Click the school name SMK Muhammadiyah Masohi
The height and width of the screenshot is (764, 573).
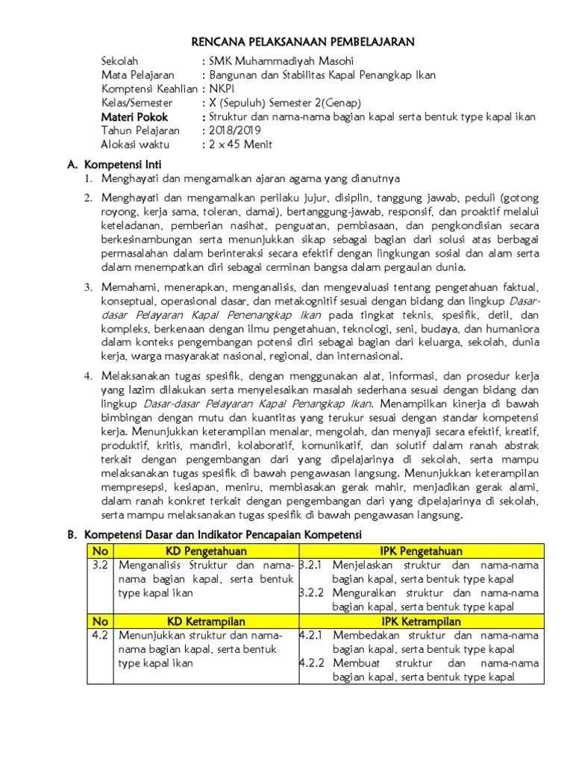[272, 60]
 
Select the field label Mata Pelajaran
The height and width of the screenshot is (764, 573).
[138, 75]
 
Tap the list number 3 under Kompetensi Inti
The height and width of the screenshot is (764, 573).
[87, 286]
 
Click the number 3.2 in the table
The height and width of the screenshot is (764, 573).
[100, 565]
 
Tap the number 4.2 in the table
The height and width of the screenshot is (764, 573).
[100, 635]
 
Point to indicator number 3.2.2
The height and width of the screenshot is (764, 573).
[310, 593]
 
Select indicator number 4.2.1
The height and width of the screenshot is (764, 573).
[310, 635]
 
